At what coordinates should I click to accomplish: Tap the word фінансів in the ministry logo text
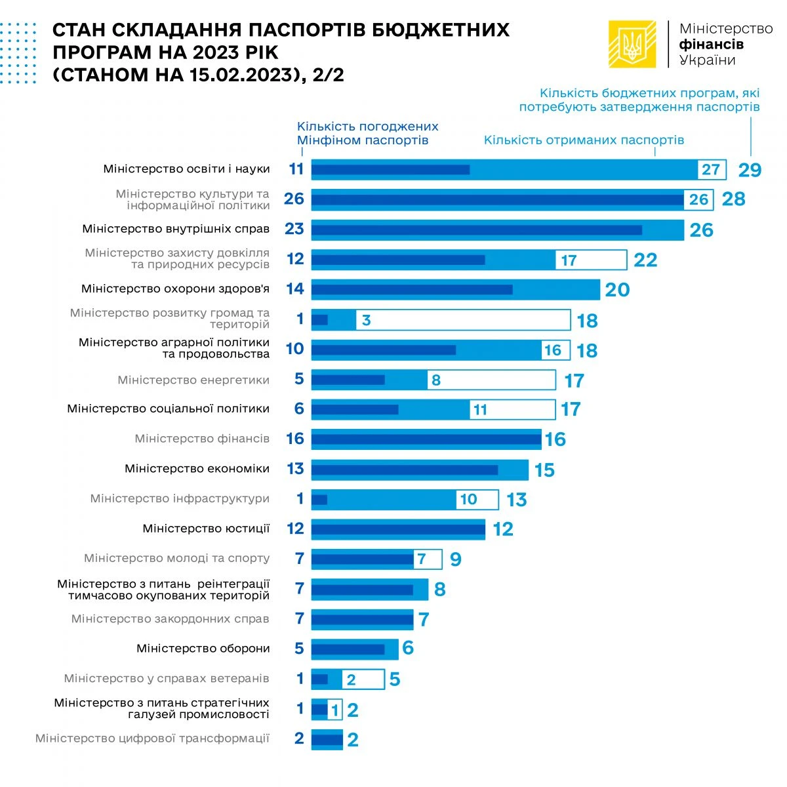(x=712, y=45)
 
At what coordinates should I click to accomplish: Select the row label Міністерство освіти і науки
(x=186, y=169)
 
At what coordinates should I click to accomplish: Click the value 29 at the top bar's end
(x=750, y=170)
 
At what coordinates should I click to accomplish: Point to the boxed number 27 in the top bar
(x=711, y=170)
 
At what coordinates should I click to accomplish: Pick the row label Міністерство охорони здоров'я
(x=175, y=289)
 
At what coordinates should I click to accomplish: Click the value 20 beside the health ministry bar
(x=616, y=290)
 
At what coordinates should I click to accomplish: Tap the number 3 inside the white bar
(x=366, y=320)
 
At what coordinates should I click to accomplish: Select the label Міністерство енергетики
(x=193, y=380)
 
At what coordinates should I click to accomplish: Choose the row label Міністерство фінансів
(x=202, y=438)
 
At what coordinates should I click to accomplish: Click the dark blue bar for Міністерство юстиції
(x=397, y=529)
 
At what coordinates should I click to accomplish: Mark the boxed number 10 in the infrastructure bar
(x=468, y=500)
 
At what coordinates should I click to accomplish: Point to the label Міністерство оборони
(x=203, y=649)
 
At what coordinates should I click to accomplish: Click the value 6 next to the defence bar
(x=408, y=649)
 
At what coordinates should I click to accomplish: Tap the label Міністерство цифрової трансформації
(x=152, y=738)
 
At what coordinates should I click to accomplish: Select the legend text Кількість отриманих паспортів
(x=584, y=140)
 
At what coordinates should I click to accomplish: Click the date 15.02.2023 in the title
(x=240, y=75)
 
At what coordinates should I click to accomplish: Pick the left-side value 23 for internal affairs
(x=294, y=229)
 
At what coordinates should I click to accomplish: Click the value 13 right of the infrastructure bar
(x=517, y=500)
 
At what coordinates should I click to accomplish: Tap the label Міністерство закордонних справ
(x=171, y=618)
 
